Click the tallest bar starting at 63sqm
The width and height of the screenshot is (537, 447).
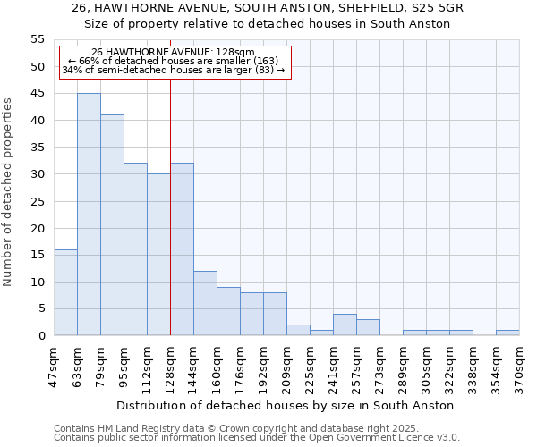pos(89,215)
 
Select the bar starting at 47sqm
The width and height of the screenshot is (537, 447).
pos(65,292)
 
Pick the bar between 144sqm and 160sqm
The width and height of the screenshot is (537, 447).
pos(205,303)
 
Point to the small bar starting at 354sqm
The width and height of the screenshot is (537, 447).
pos(507,333)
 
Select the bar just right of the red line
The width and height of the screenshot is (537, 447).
pos(182,249)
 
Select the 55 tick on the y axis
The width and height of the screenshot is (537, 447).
pos(37,39)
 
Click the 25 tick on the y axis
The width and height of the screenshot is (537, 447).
pos(37,201)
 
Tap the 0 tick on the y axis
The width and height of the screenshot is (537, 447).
pos(40,335)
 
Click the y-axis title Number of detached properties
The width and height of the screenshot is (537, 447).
pos(8,192)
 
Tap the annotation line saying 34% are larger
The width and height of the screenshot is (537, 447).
pos(174,70)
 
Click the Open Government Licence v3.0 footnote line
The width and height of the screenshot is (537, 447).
pos(257,438)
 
